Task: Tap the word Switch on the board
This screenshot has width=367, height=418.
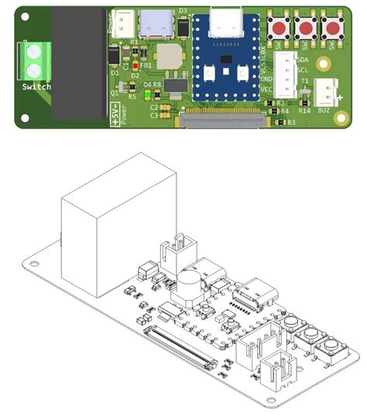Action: point(36,87)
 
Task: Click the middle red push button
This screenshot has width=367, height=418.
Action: point(305,29)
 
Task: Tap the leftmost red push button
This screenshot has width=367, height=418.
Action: point(278,29)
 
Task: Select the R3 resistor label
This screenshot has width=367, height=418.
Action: point(290,122)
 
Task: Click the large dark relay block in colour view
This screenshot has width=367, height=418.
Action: point(78,62)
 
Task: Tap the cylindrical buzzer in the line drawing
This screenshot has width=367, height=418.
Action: point(190,287)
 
